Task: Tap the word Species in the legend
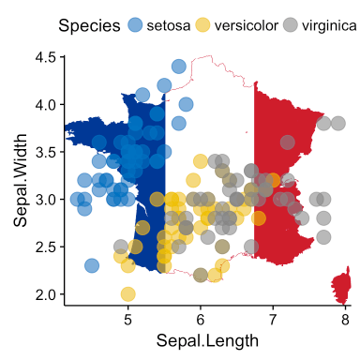87,25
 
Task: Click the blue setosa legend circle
136,25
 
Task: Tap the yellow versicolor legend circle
203,25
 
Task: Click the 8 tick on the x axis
344,317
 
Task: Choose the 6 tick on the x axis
201,317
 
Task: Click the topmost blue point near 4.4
178,67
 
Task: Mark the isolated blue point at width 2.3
92,265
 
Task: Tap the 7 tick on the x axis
273,317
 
